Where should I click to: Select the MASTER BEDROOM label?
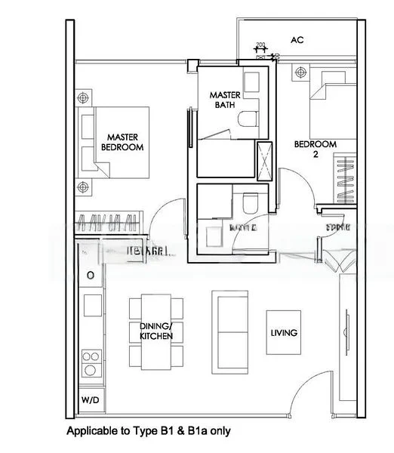[122, 142]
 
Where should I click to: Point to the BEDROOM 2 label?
[315, 148]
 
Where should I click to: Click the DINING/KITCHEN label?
[156, 331]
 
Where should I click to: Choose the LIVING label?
[284, 332]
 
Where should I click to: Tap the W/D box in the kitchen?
[89, 400]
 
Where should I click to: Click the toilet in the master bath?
[247, 119]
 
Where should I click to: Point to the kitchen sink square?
[91, 304]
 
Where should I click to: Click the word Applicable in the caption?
[89, 432]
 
